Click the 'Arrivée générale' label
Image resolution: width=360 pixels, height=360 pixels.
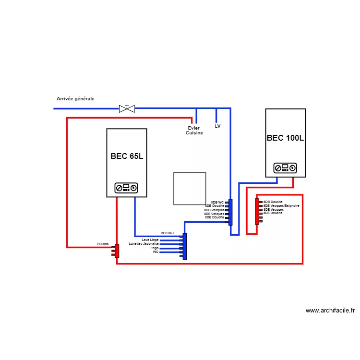click(75, 99)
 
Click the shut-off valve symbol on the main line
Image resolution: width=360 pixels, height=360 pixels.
click(127, 108)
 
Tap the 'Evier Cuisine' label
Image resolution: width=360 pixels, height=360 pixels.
click(194, 131)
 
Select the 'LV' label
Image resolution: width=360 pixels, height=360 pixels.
click(217, 126)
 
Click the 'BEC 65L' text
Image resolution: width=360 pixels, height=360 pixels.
click(127, 156)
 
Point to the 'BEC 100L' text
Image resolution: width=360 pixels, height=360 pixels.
click(286, 138)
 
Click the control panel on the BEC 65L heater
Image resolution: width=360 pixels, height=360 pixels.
click(127, 188)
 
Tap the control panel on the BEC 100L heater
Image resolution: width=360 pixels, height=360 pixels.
click(285, 168)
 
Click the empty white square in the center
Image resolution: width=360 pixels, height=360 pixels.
click(190, 189)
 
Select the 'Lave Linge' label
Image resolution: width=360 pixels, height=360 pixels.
click(150, 240)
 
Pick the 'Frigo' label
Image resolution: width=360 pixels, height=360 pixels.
click(154, 248)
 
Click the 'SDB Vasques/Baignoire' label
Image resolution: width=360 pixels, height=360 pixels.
click(281, 206)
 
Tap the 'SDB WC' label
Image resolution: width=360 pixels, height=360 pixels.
click(217, 203)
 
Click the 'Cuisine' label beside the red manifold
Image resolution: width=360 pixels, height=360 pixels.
click(103, 244)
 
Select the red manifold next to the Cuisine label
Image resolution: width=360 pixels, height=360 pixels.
click(117, 251)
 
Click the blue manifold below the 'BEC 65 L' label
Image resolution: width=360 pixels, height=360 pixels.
click(185, 247)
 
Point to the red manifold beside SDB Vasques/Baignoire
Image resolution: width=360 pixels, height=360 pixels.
click(257, 212)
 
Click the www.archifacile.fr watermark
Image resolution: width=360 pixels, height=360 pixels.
click(330, 311)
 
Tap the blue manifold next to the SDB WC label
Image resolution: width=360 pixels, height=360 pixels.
click(231, 212)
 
